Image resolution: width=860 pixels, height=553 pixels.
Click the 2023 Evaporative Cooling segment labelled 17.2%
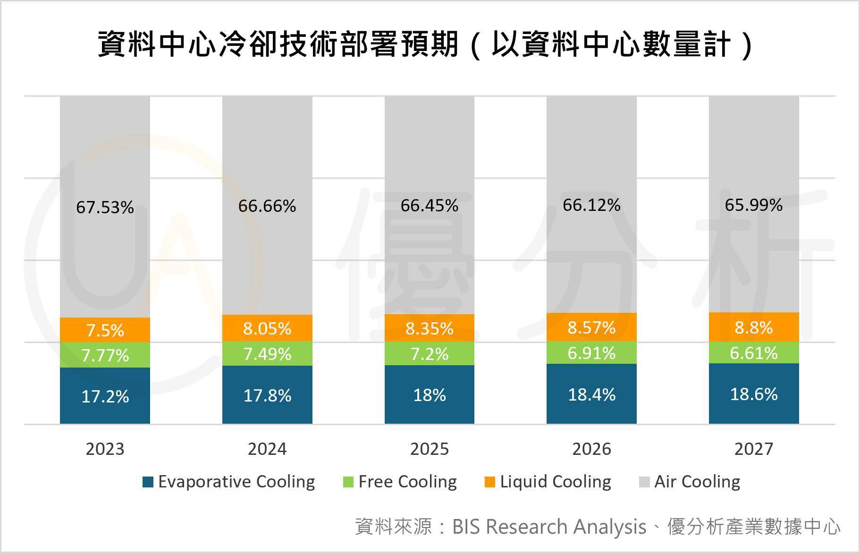[x=105, y=395]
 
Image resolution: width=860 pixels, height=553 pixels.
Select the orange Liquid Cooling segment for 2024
[x=267, y=328]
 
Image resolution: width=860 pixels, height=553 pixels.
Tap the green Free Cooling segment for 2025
[x=429, y=353]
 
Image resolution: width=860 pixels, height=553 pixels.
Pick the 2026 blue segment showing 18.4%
[x=591, y=394]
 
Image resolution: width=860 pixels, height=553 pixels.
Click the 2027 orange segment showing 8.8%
[x=753, y=327]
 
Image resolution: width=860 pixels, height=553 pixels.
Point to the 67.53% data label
[x=105, y=207]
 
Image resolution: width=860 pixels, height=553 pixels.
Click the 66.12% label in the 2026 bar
[x=591, y=205]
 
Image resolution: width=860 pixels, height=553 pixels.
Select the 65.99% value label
[x=753, y=205]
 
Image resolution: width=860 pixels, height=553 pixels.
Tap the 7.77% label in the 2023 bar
[x=105, y=355]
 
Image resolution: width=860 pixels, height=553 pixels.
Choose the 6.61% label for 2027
[x=753, y=352]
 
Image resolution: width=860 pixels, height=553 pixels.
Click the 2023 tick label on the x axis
[x=105, y=449]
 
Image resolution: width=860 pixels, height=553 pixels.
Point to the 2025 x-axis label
[x=429, y=449]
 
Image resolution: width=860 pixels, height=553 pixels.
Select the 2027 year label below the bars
[x=753, y=449]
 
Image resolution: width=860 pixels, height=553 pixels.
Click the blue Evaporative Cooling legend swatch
[x=148, y=482]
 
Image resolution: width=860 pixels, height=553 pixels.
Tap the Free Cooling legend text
[x=407, y=482]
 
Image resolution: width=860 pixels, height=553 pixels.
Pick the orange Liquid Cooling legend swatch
[x=490, y=482]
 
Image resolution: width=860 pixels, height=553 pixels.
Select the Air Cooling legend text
[x=697, y=482]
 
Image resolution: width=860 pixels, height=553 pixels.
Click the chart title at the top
[x=425, y=45]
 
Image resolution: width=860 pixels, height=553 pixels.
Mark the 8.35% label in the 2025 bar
[x=429, y=328]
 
